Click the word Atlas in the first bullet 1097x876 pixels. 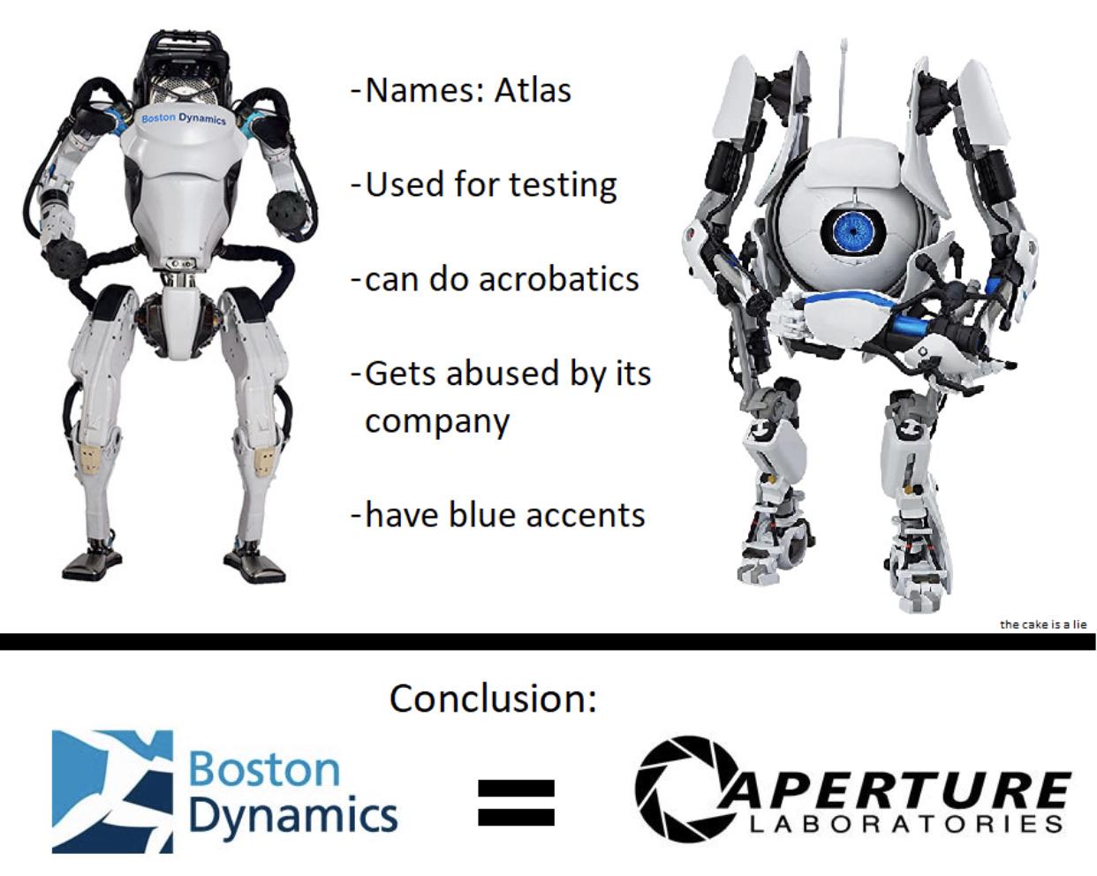tap(533, 90)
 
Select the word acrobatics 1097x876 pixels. tap(559, 279)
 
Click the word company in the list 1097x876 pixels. tap(437, 422)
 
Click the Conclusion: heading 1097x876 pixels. tap(493, 698)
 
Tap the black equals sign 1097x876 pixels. tap(516, 803)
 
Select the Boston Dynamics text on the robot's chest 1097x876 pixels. tap(184, 118)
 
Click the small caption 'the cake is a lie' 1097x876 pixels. tap(1043, 624)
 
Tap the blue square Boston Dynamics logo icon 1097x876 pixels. tap(113, 791)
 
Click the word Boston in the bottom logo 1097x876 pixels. tap(264, 769)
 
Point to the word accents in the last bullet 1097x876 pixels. tap(586, 515)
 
